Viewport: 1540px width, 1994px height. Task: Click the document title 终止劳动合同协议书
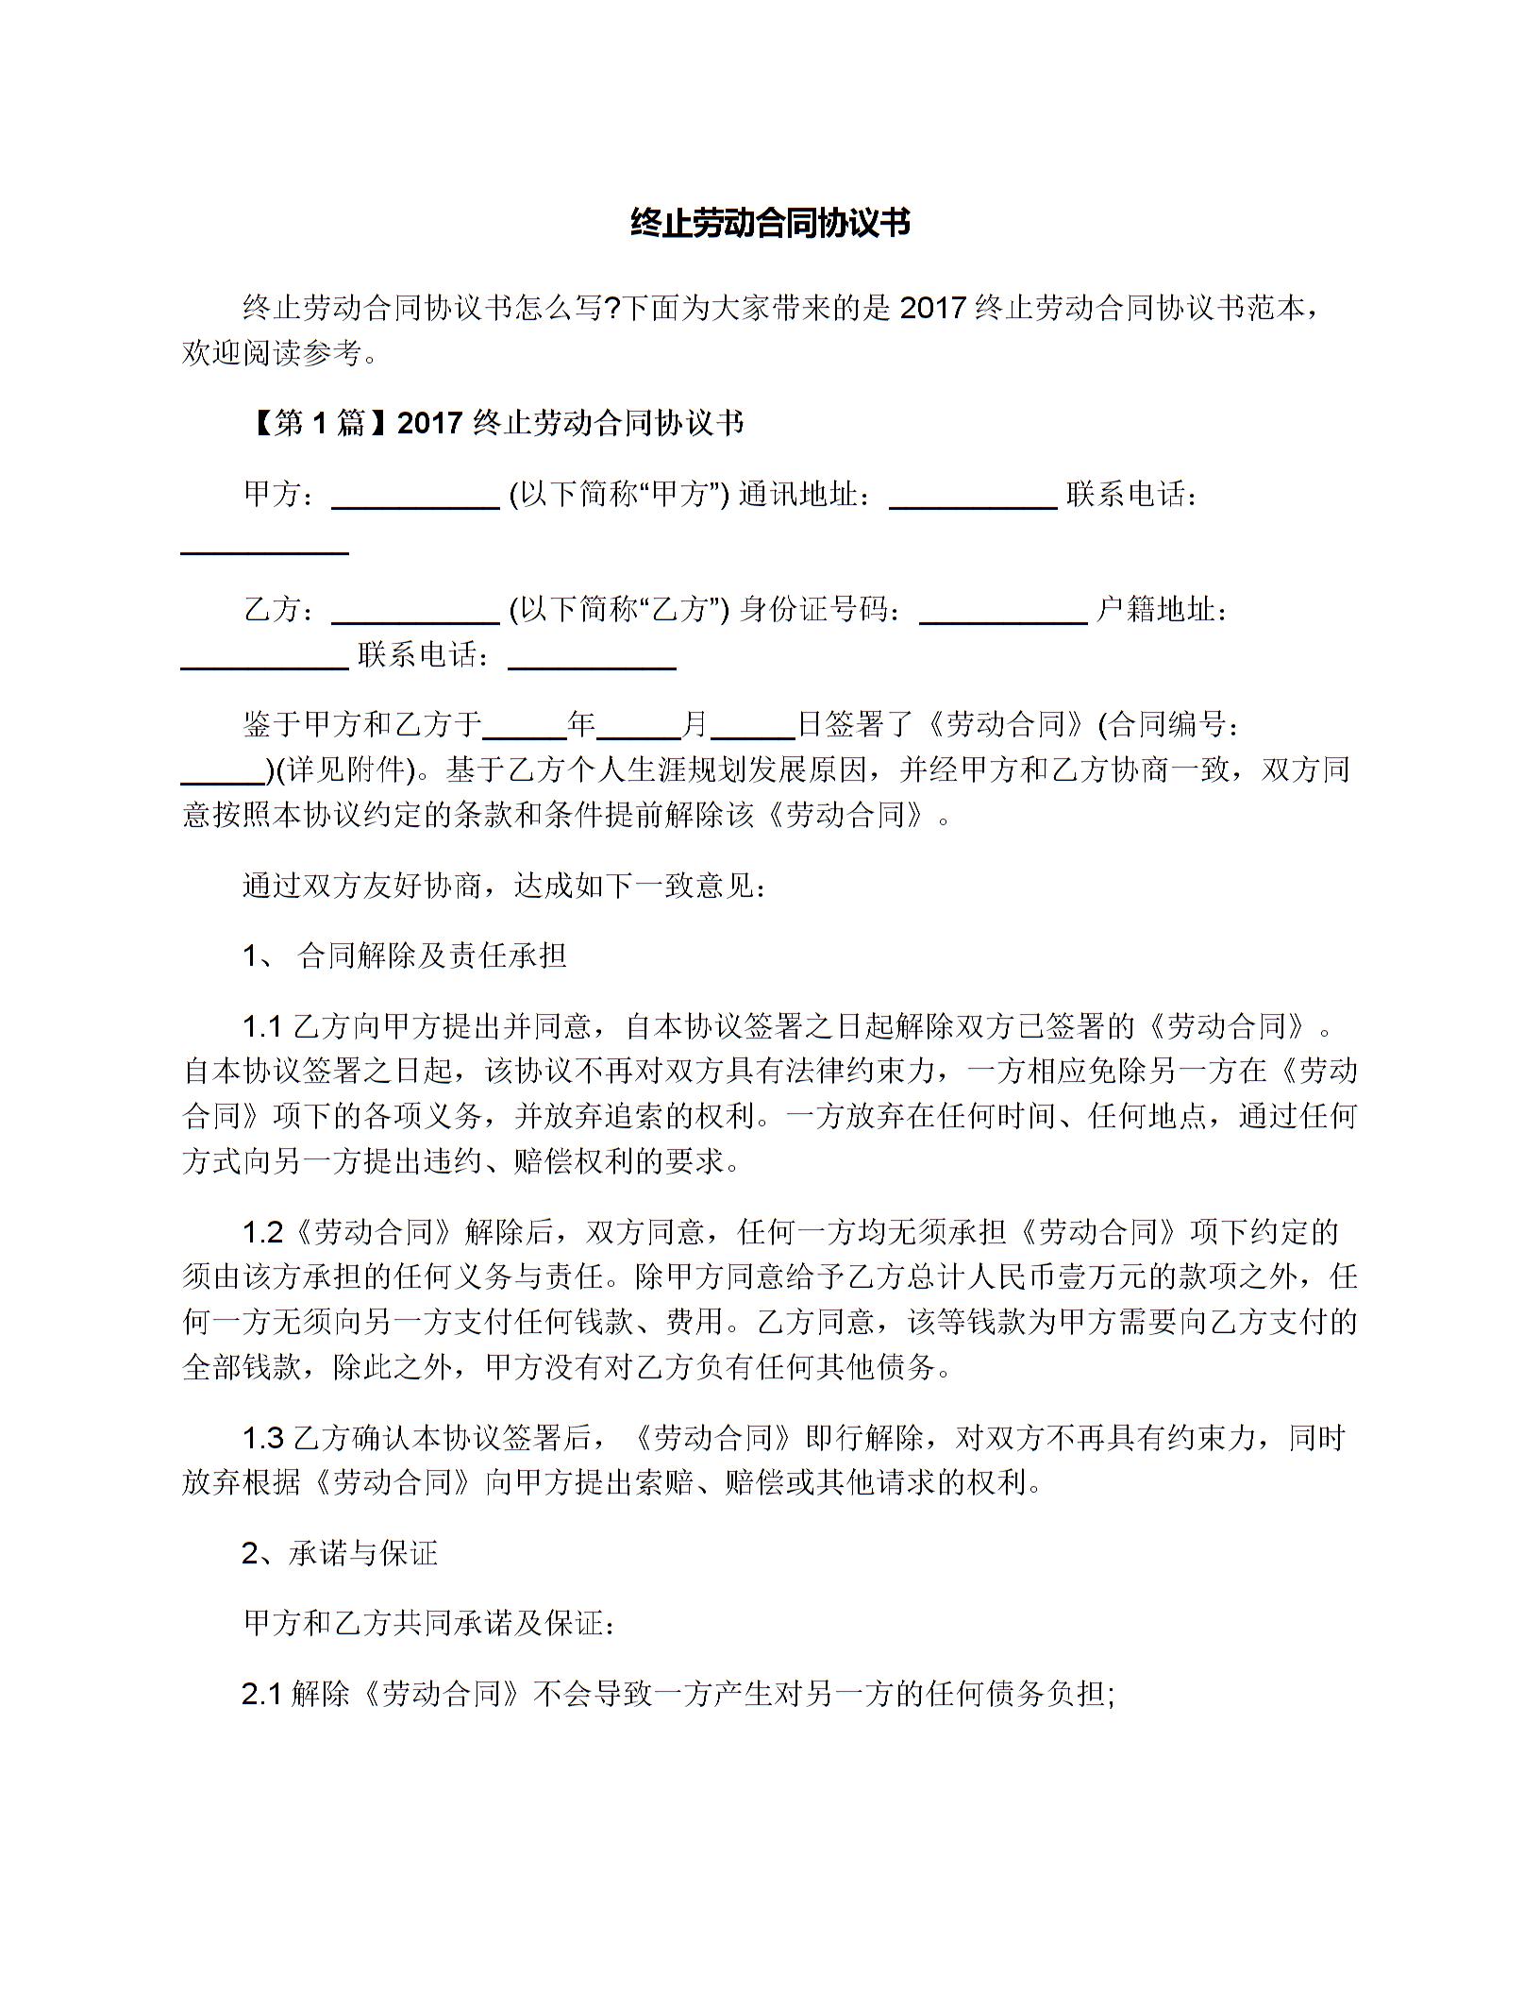pyautogui.click(x=769, y=224)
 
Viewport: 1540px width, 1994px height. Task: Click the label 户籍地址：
pyautogui.click(x=1163, y=610)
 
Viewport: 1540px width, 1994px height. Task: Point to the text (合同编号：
pyautogui.click(x=1170, y=724)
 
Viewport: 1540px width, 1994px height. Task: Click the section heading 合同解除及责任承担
pyautogui.click(x=432, y=956)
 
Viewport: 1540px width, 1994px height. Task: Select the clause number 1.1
pyautogui.click(x=263, y=1026)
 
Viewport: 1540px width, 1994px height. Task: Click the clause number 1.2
pyautogui.click(x=263, y=1232)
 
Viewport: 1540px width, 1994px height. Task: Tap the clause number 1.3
pyautogui.click(x=263, y=1438)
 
